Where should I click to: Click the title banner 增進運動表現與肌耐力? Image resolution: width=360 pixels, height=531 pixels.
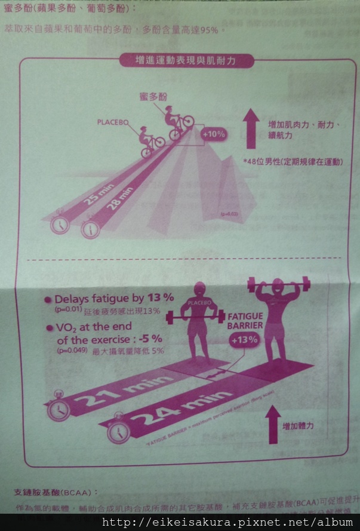186,60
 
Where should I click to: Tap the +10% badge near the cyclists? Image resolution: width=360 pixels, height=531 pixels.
213,134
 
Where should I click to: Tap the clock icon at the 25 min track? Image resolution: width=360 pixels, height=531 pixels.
59,224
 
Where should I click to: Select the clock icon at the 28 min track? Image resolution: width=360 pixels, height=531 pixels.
90,229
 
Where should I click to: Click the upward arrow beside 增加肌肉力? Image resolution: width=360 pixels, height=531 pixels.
251,129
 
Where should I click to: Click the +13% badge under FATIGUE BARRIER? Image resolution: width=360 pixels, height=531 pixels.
244,340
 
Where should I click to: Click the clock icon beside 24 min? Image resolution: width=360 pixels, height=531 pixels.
119,429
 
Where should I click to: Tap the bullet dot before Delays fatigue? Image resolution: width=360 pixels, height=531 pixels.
47,300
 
